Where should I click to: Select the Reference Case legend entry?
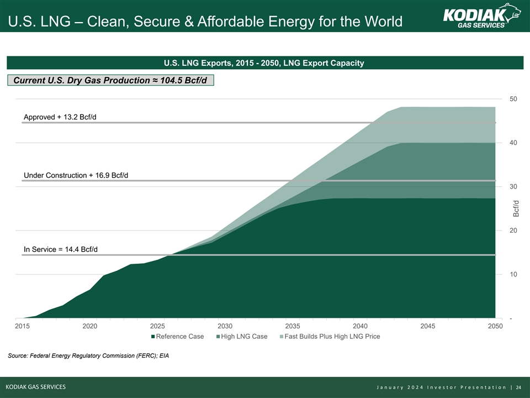[177, 336]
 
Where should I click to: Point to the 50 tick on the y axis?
[513, 99]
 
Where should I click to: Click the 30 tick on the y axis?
[513, 187]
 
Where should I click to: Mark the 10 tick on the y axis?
[513, 274]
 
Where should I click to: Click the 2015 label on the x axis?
[22, 326]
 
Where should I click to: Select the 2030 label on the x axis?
[225, 326]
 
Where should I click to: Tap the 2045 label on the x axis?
[428, 326]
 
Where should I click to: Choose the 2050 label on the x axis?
[496, 326]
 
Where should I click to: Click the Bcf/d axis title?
[516, 209]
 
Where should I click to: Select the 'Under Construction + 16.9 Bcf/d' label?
[76, 175]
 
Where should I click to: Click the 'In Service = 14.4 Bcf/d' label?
[61, 249]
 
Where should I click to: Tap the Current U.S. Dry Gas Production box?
[110, 81]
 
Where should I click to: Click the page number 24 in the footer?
[518, 387]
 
